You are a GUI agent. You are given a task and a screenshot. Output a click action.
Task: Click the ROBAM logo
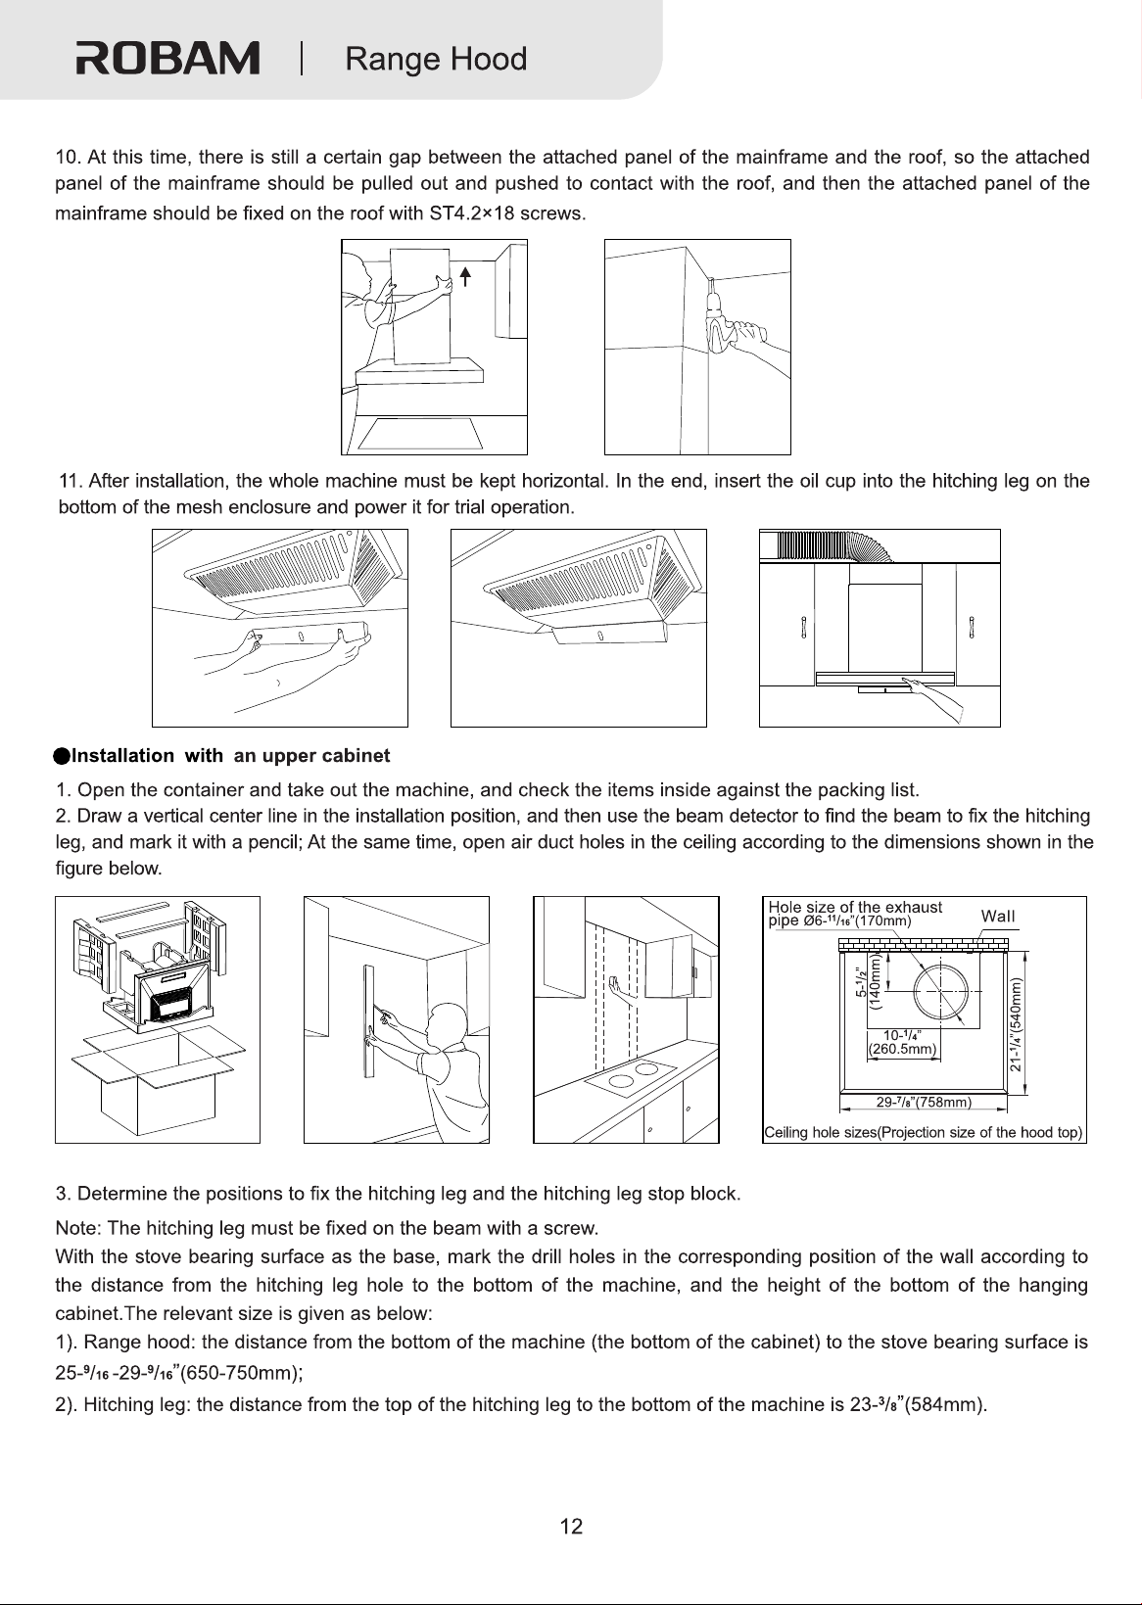(x=167, y=58)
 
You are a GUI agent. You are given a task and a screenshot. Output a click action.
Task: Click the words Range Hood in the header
(x=436, y=59)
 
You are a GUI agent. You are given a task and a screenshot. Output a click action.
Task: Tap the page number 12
(x=571, y=1526)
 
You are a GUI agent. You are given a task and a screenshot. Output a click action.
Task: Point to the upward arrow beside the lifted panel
(x=465, y=276)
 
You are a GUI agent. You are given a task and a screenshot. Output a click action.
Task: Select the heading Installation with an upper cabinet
(x=222, y=756)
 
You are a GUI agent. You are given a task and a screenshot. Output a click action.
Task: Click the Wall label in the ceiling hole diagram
(x=998, y=916)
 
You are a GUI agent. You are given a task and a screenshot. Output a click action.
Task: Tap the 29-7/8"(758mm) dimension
(x=924, y=1102)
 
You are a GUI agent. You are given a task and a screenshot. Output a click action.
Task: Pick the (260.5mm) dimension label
(x=903, y=1049)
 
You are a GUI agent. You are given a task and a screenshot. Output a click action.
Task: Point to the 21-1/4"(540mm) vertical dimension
(x=1015, y=1024)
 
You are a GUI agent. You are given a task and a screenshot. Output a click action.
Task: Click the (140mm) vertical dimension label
(x=874, y=981)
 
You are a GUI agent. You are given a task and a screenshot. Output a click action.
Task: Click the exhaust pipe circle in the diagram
(x=940, y=992)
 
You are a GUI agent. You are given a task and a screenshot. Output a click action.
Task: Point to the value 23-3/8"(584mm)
(x=919, y=1403)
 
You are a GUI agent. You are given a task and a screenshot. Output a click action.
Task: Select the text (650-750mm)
(x=242, y=1372)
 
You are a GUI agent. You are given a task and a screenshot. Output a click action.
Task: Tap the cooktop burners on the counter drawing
(x=633, y=1075)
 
